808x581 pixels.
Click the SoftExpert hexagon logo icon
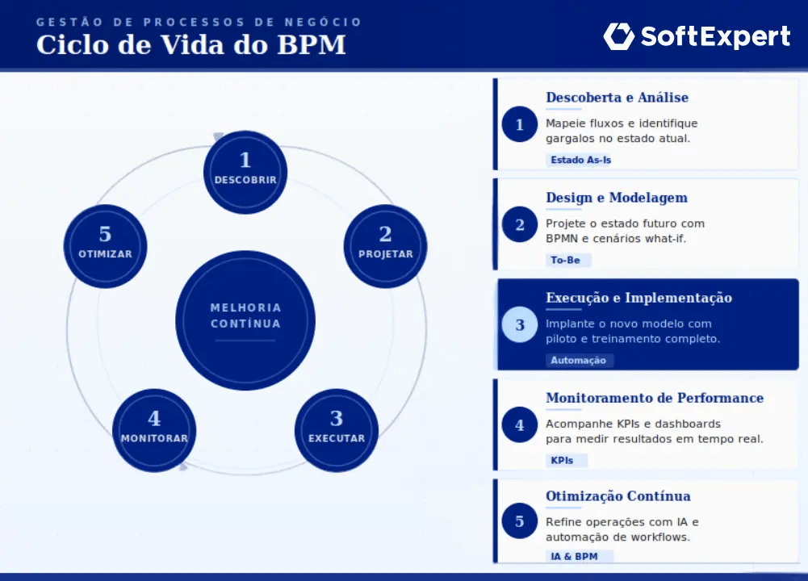[619, 36]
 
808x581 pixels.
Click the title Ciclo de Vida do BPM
[190, 44]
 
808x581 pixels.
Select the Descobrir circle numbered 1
[245, 172]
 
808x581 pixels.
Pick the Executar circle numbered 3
[337, 430]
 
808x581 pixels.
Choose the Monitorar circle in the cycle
[154, 430]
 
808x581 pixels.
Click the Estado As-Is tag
[581, 160]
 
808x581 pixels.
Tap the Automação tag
[578, 360]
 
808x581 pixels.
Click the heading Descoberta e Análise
[617, 98]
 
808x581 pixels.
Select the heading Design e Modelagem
[617, 198]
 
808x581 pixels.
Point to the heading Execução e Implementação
[638, 298]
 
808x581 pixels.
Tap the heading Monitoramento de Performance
[654, 398]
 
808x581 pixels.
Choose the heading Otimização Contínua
[618, 496]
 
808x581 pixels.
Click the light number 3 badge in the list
[519, 324]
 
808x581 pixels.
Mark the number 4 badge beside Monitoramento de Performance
[519, 424]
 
